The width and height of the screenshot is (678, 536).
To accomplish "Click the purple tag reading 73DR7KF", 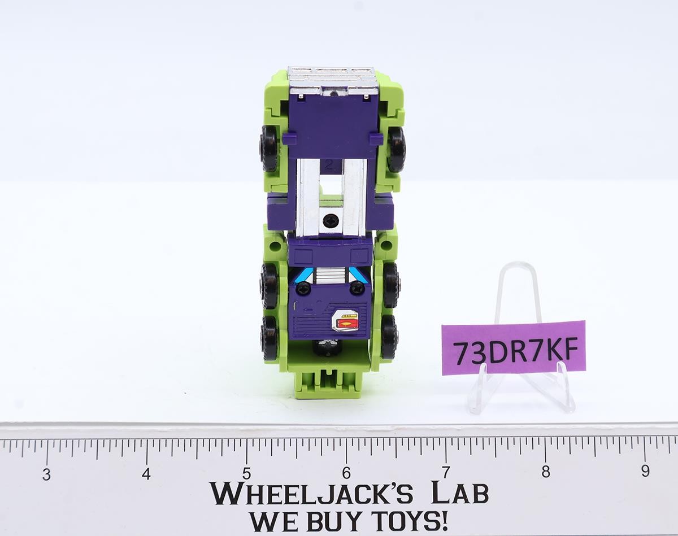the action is click(x=514, y=348).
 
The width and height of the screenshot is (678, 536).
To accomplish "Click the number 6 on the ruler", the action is click(x=346, y=473).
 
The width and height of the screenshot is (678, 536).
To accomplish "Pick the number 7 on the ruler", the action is click(x=446, y=472).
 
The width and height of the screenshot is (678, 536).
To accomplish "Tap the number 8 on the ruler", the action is click(x=546, y=472).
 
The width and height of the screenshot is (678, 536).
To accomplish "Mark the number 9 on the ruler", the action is click(x=645, y=471).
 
